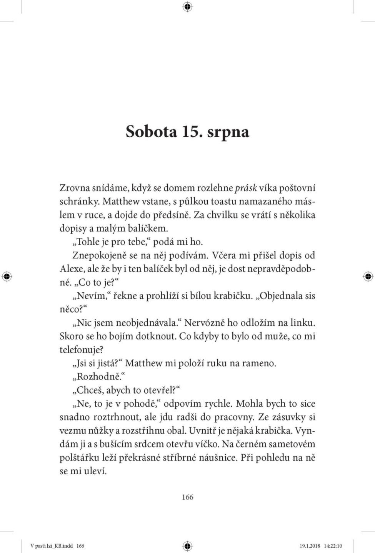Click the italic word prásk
245,188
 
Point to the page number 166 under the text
187,497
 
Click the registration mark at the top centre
187,6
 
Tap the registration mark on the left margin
7,276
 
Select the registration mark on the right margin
368,276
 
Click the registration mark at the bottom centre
187,546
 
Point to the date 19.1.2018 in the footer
310,546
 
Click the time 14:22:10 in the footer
333,546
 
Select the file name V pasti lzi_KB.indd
52,546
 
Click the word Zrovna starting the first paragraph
75,188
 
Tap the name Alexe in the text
72,269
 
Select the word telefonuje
82,350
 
